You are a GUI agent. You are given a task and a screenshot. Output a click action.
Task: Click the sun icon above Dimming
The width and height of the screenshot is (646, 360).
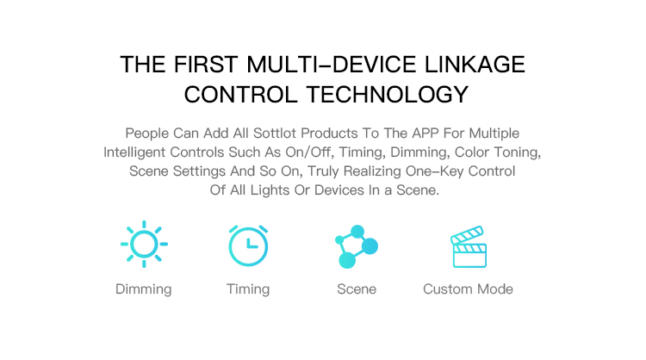coord(144,244)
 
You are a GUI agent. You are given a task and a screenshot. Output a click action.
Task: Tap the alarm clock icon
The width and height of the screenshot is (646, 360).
coord(248,245)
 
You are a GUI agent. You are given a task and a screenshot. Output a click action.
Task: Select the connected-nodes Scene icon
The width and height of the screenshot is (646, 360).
coord(357,246)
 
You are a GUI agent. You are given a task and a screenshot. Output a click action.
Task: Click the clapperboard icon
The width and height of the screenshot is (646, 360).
coord(469,246)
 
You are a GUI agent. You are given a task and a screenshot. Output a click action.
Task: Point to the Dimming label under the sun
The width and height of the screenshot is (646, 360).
coord(143,289)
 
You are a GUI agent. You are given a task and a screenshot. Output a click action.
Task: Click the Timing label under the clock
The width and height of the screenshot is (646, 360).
coord(248,289)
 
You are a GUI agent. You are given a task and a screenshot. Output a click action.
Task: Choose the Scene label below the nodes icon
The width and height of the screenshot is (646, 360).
coord(357,289)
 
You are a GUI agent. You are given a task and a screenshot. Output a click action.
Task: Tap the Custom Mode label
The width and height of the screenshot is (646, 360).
coord(468,289)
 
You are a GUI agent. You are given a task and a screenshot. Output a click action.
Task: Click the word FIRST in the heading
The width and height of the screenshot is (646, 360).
coord(206,65)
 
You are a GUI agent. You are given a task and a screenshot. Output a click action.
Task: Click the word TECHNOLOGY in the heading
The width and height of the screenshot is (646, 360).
coord(388,95)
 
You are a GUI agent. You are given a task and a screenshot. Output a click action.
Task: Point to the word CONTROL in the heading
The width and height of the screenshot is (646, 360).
coord(240,95)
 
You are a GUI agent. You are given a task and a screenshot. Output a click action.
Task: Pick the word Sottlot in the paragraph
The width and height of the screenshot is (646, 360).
coord(275,133)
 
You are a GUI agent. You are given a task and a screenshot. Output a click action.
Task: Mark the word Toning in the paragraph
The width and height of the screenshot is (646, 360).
coord(518,152)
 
